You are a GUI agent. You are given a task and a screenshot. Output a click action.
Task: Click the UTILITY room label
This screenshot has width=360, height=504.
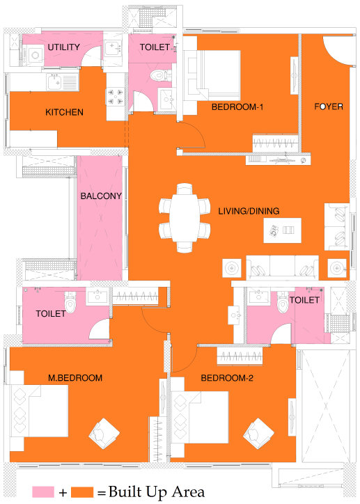coord(63,47)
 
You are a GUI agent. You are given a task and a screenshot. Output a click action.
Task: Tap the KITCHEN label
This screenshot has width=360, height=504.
coord(64,112)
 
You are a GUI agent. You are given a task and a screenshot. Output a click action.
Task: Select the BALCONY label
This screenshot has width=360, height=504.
coord(101,196)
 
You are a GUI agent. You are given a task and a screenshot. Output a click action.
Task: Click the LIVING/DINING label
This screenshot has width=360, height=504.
coord(249,210)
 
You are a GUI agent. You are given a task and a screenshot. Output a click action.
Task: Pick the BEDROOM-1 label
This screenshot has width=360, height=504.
coord(237,107)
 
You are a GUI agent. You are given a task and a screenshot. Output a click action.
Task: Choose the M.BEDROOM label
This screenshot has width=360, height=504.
coord(75,378)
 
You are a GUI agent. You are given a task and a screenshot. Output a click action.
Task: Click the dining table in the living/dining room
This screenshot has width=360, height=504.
coord(185,216)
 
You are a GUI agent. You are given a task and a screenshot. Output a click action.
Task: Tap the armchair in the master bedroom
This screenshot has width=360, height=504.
coord(103,434)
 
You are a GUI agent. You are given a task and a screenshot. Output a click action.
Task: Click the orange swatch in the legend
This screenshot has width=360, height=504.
coord(83,491)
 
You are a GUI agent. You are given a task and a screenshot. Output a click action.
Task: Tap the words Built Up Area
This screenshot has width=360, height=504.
coord(156,491)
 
